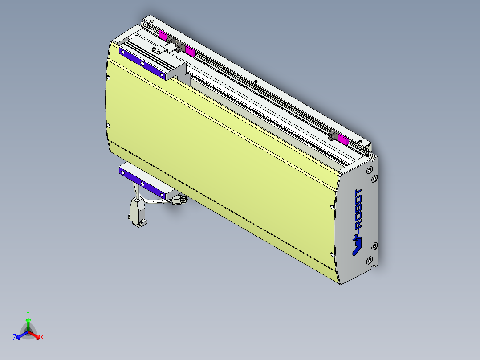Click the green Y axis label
click(x=28, y=313)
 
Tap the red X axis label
click(x=41, y=338)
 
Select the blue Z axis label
click(x=15, y=338)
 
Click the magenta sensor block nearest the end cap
click(x=343, y=139)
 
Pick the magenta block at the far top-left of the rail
click(x=163, y=36)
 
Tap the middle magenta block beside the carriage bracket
click(x=190, y=51)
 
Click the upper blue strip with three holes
click(x=142, y=63)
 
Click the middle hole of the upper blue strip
click(x=142, y=63)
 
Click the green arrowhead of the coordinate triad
click(x=28, y=320)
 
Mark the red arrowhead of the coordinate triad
click(x=37, y=336)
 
